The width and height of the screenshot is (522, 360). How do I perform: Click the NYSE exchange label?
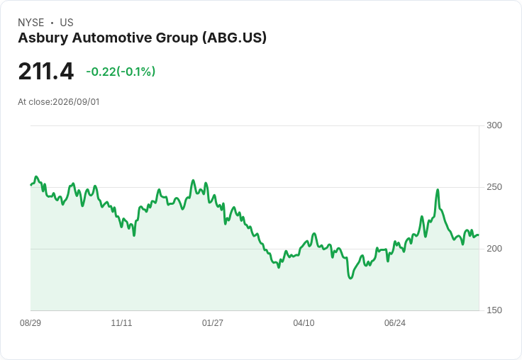31,23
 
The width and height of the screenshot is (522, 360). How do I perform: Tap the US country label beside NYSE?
67,23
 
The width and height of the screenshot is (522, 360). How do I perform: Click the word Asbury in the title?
43,38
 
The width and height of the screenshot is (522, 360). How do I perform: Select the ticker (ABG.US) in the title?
234,38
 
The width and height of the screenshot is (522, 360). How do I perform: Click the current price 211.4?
46,71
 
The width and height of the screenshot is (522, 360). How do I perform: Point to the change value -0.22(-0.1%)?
121,72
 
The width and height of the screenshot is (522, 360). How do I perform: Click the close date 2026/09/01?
76,102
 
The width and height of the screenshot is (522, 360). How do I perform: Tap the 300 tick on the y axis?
494,125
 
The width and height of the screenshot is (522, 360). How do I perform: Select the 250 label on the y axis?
494,187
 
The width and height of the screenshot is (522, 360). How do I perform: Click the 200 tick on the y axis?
494,249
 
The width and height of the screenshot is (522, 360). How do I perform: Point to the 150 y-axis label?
494,310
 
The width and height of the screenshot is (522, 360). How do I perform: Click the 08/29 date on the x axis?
30,322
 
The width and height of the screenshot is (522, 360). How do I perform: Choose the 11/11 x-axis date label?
121,322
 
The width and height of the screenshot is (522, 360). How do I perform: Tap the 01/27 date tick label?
213,322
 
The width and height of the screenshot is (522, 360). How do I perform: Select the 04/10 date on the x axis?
304,322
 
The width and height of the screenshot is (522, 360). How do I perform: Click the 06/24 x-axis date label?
395,322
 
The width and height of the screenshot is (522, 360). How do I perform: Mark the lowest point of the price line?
350,279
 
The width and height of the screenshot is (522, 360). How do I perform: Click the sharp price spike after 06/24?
438,190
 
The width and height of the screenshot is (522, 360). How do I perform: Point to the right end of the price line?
479,235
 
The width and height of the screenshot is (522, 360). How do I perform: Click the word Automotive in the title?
112,38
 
